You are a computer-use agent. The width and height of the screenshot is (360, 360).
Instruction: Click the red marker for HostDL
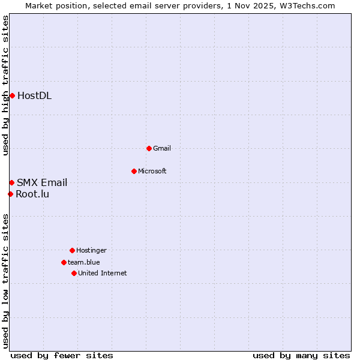[12, 95]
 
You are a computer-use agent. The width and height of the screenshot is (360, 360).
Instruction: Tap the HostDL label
[34, 96]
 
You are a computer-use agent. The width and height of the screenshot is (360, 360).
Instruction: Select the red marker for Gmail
[149, 148]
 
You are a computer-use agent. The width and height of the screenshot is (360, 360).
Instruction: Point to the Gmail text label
[162, 148]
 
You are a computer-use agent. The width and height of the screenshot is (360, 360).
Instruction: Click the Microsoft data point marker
[134, 171]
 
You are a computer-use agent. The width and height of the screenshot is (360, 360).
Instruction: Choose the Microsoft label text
[152, 171]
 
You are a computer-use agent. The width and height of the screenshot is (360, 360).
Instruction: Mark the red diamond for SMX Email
[11, 182]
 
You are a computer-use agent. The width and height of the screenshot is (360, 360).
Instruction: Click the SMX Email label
[42, 183]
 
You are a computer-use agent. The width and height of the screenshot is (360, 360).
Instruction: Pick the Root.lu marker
[10, 194]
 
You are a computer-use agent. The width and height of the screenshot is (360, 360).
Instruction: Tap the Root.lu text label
[32, 194]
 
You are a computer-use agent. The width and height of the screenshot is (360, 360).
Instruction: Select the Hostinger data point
[72, 250]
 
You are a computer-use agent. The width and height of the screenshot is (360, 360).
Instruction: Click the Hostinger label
[91, 250]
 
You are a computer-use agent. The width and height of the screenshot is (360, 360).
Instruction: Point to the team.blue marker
[64, 262]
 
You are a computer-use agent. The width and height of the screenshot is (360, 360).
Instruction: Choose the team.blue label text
[83, 262]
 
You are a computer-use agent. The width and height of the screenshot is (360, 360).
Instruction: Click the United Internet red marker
[74, 273]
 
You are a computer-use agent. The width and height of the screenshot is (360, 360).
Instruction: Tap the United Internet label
[102, 273]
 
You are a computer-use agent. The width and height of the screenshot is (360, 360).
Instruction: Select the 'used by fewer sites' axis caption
[62, 355]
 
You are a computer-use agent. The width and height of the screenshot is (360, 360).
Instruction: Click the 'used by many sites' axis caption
[301, 355]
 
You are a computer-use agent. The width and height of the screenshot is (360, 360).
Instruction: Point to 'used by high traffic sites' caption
[5, 85]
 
